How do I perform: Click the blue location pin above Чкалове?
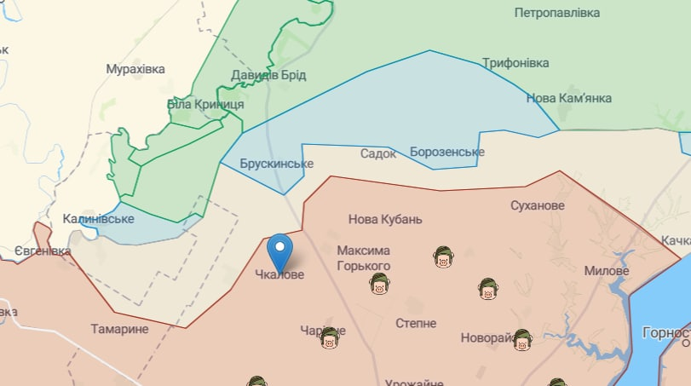point(279,250)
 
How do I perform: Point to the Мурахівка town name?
point(135,68)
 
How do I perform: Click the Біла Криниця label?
point(205,104)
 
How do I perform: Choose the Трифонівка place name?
point(515,63)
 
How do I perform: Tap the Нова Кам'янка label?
point(568,98)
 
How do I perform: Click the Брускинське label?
point(277,164)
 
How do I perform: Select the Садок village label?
point(378,153)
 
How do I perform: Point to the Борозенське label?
point(447,152)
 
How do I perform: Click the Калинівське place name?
point(99,219)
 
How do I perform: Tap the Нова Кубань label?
point(385,219)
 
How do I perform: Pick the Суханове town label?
point(538,206)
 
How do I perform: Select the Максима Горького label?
point(364,258)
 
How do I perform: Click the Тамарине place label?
point(120,329)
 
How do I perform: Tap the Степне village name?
point(416,324)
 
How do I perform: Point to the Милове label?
point(607,271)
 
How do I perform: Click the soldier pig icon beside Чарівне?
point(330,339)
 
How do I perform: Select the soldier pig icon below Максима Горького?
point(380,285)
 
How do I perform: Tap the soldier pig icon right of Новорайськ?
point(522,339)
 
